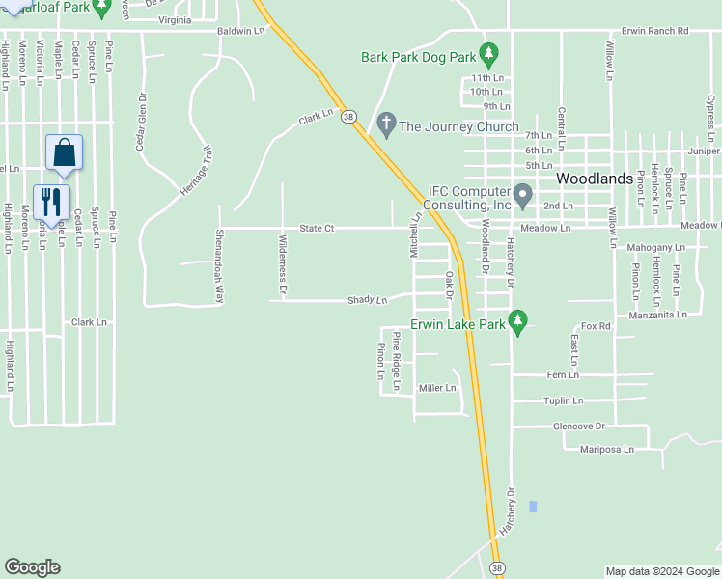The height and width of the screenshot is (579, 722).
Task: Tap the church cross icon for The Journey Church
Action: coord(387,124)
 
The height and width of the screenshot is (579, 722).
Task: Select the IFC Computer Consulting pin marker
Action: coord(522,196)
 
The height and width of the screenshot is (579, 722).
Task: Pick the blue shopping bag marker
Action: coord(64,153)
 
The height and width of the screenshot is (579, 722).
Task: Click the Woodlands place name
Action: coord(595,179)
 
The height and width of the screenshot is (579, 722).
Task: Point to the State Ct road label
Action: coord(317,229)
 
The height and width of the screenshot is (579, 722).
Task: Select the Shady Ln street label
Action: coord(367,300)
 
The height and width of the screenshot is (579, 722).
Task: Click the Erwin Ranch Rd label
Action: coord(655,31)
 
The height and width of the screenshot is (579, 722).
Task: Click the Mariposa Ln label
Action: coord(607,450)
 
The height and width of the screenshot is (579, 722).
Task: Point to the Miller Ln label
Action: coord(437,388)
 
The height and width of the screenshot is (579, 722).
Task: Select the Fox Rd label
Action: coord(597,326)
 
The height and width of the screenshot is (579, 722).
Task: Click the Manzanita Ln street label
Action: coord(656,315)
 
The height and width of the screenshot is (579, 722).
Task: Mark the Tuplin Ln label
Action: coord(564,400)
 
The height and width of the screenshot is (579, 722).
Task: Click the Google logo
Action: coord(32,567)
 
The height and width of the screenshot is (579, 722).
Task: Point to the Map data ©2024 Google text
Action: coord(661,571)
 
